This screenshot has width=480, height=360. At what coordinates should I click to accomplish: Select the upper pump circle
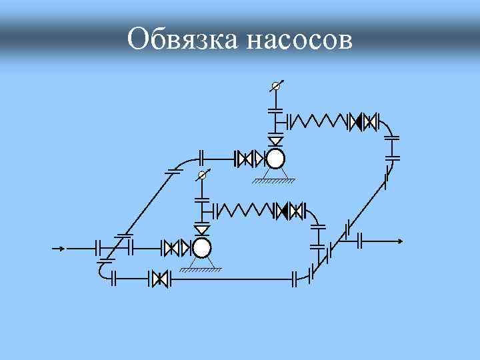pos(275,159)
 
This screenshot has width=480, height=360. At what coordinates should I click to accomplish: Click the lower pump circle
pos(201,248)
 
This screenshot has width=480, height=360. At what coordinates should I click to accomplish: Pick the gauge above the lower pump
pos(202,176)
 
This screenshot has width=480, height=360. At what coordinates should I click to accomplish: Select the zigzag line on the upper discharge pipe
pos(318,121)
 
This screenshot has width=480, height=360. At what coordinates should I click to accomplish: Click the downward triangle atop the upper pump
pos(275,141)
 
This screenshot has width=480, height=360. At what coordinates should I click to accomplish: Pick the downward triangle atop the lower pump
pos(201,231)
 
